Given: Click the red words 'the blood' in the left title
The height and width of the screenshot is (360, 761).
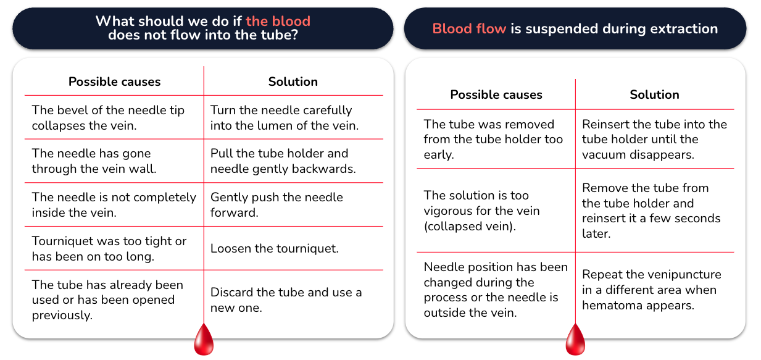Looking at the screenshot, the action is point(278,21).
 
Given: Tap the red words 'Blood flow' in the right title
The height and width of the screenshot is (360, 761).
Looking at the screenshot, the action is point(469,28).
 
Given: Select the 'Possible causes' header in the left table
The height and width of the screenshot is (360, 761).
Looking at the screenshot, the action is point(115,82).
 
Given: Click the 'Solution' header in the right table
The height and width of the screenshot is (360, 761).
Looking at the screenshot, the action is point(654,94).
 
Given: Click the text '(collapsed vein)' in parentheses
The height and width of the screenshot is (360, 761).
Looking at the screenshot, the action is point(470,227).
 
